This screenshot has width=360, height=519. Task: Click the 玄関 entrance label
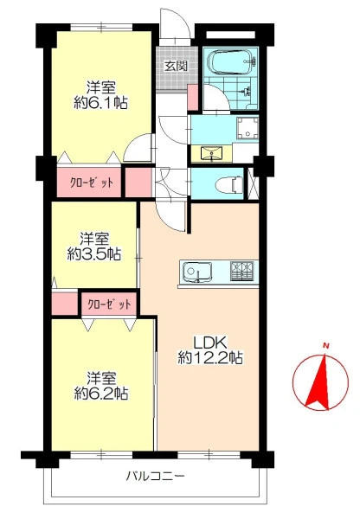(177, 67)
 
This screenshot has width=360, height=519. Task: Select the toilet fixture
(229, 183)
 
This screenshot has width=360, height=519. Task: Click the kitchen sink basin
(197, 272)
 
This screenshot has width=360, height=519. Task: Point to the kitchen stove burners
(242, 271)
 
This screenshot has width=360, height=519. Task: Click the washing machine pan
(247, 127)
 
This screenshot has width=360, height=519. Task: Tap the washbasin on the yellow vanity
(211, 153)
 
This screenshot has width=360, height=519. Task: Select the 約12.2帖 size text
(210, 358)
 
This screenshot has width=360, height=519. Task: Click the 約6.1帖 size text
(100, 104)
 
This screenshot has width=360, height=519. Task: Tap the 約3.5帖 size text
(94, 253)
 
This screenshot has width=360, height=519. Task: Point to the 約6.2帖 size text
(101, 393)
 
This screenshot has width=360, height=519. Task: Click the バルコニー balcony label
(155, 477)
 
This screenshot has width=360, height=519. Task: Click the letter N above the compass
(326, 346)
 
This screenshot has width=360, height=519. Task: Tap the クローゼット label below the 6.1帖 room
(92, 183)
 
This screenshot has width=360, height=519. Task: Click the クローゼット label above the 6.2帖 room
(109, 304)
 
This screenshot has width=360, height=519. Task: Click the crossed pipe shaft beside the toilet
(254, 183)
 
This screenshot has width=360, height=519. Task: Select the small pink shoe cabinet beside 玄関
(192, 97)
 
